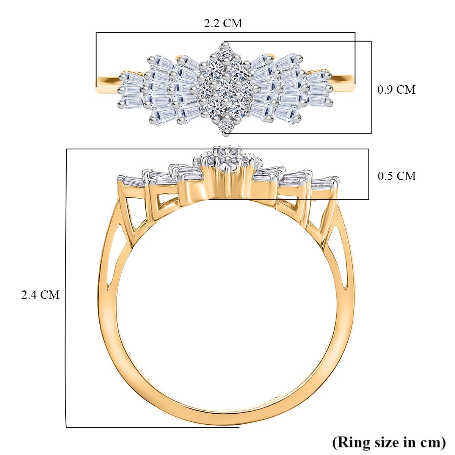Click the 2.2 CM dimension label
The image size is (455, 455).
click(223, 24)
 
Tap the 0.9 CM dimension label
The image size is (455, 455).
click(396, 90)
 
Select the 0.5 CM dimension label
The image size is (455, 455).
click(397, 176)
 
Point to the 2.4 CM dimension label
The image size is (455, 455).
click(40, 295)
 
